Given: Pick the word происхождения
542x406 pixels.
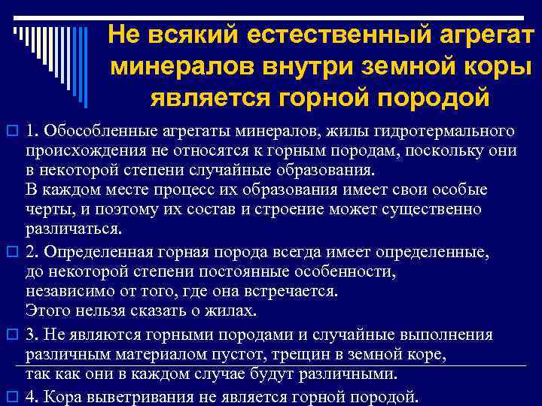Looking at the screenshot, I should click(75, 150).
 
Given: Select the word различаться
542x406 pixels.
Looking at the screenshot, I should click(72, 228).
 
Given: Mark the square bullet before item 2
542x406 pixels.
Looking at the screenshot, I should click(11, 250).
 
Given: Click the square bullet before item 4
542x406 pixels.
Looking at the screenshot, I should click(11, 395).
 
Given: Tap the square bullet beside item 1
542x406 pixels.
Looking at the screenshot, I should click(11, 132).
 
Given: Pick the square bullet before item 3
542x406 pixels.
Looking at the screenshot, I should click(11, 335).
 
